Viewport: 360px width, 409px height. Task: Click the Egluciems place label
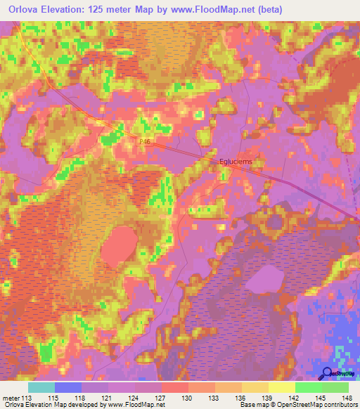click(236, 161)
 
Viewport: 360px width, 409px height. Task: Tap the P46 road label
click(145, 141)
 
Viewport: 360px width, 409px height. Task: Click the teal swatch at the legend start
click(41, 387)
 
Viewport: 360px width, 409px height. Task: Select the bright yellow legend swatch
click(282, 387)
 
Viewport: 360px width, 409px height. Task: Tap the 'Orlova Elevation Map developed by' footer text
click(50, 405)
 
